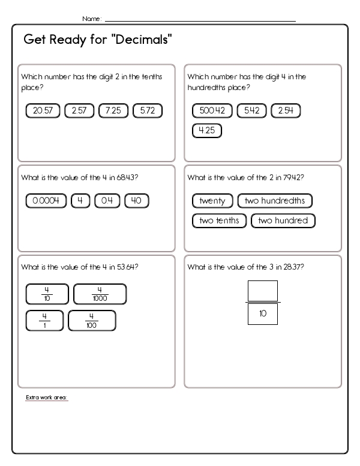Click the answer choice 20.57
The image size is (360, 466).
click(x=43, y=110)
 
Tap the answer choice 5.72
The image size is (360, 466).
click(x=148, y=110)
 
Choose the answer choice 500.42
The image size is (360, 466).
click(x=212, y=110)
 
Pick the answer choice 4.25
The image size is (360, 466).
click(x=206, y=130)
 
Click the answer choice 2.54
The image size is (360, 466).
click(x=286, y=110)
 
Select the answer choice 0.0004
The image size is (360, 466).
click(x=46, y=201)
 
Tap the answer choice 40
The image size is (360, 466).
click(x=136, y=201)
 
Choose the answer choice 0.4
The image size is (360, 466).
click(x=107, y=201)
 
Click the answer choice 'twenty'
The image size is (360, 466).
click(x=212, y=201)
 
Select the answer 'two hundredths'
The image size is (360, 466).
click(x=275, y=201)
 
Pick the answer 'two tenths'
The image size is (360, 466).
click(x=219, y=220)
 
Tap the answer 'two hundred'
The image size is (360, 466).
click(x=283, y=220)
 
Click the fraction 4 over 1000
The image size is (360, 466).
click(x=100, y=294)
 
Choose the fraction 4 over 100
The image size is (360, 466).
click(x=92, y=321)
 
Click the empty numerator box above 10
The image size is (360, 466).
click(x=262, y=291)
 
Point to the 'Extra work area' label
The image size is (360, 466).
click(x=47, y=398)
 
